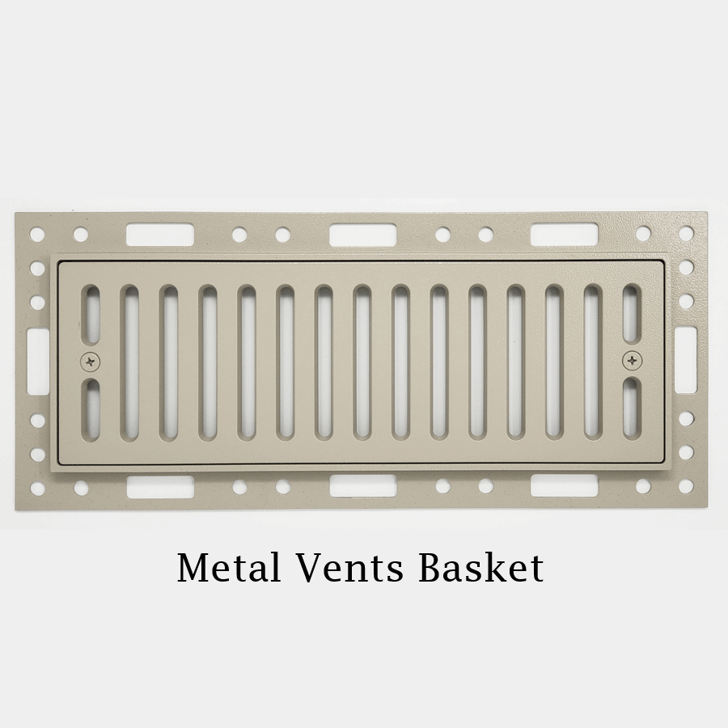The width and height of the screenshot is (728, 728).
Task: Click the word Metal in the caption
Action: pyautogui.click(x=230, y=567)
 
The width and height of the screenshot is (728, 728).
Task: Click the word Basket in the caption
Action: pyautogui.click(x=481, y=567)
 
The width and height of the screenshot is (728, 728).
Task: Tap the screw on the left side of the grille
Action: pyautogui.click(x=91, y=361)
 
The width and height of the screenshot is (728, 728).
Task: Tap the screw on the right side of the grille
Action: pyautogui.click(x=632, y=361)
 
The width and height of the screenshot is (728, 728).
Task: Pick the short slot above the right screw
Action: pyautogui.click(x=632, y=315)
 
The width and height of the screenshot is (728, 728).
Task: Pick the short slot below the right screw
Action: pyautogui.click(x=632, y=409)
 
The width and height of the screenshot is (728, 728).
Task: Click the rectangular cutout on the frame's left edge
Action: pyautogui.click(x=37, y=361)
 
